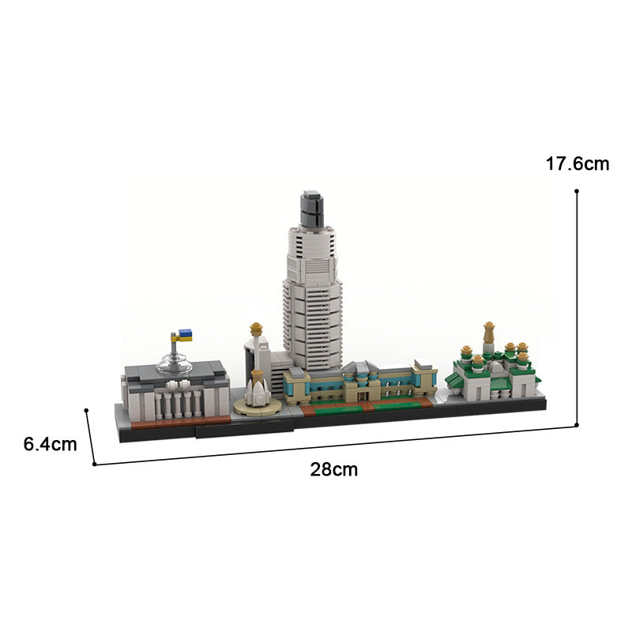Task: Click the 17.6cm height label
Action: coord(577,164)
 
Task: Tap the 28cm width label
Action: coord(333,469)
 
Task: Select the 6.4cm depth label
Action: coord(50,444)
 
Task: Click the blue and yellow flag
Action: coord(183,336)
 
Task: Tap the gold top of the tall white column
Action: coord(255,327)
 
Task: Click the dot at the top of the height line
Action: coord(577,191)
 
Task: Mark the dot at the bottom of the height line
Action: coord(577,425)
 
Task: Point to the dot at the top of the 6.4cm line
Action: coord(86,410)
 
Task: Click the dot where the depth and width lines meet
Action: coord(95,464)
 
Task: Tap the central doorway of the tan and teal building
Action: coord(364,393)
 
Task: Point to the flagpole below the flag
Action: coord(173,348)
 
